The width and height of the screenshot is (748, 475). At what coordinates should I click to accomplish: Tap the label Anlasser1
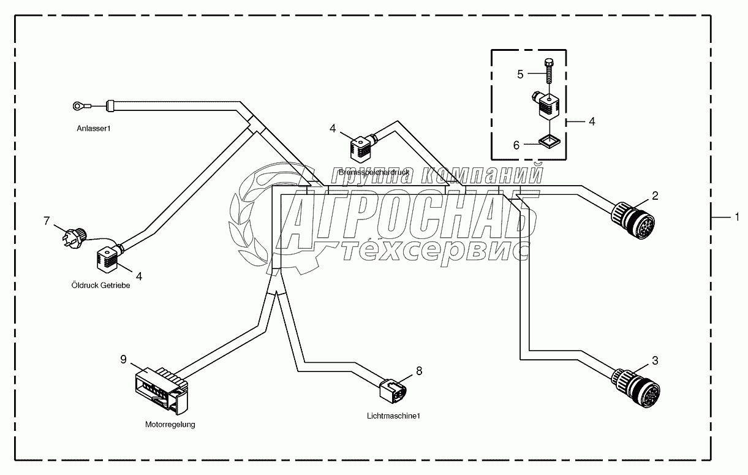tap(94, 129)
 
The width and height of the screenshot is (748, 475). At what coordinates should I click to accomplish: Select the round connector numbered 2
tap(632, 216)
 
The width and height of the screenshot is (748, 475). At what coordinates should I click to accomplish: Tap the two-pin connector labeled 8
tap(393, 389)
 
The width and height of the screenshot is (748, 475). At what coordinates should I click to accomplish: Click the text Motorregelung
tap(170, 424)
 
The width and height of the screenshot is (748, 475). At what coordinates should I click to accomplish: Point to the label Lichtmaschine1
tap(393, 416)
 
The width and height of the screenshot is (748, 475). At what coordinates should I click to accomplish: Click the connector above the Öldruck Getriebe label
tap(106, 257)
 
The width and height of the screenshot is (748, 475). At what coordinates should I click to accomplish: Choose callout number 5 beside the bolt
tap(520, 74)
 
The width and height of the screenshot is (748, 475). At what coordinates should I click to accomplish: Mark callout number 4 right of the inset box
tap(591, 121)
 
